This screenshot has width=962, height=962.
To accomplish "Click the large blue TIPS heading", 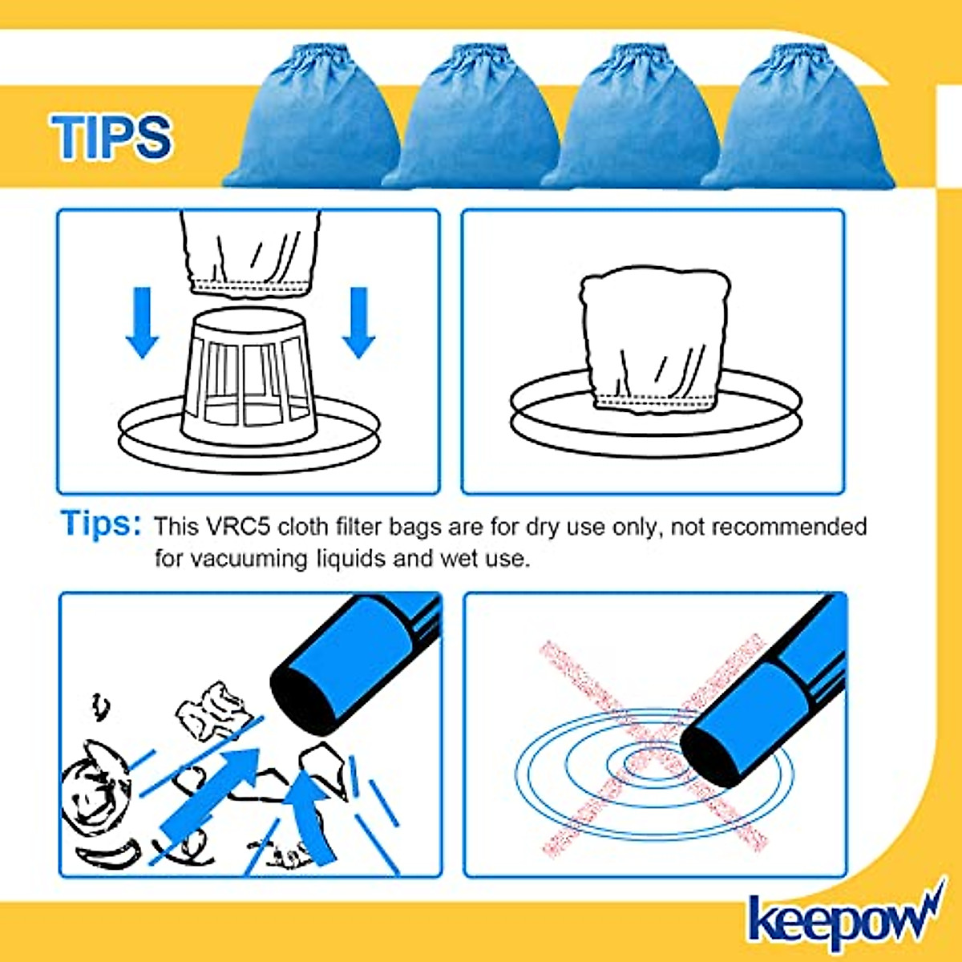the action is (111, 137).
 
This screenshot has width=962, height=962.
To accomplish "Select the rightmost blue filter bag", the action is (799, 117).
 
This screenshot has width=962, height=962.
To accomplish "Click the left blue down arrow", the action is (142, 322).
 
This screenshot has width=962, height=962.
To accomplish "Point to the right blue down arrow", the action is (358, 322).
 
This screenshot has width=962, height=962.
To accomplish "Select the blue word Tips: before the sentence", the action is (100, 523).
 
